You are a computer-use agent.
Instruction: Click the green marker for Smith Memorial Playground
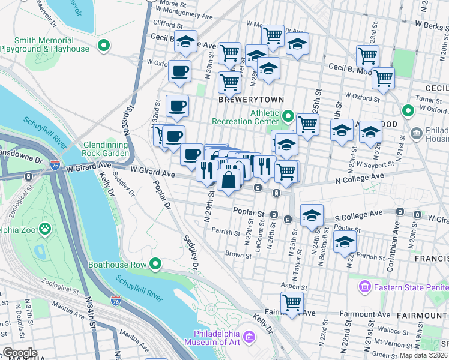click(x=104, y=45)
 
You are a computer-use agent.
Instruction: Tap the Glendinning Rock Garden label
click(x=106, y=149)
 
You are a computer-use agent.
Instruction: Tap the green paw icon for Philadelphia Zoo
click(x=45, y=228)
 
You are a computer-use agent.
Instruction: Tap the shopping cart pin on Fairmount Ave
click(x=292, y=303)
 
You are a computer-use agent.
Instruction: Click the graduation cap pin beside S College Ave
click(x=312, y=216)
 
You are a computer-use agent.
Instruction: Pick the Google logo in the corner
click(x=20, y=353)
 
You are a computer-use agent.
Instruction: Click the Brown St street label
click(x=238, y=255)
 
